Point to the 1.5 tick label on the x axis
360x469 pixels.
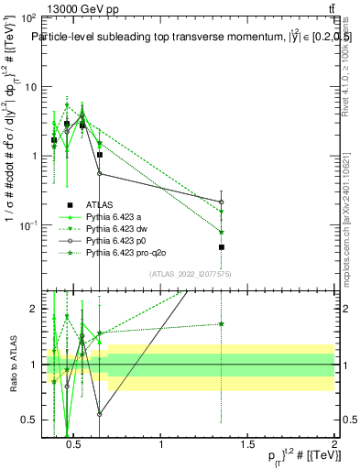[246, 445]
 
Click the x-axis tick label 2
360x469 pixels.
[333, 445]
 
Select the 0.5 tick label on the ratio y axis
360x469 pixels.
[32, 420]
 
